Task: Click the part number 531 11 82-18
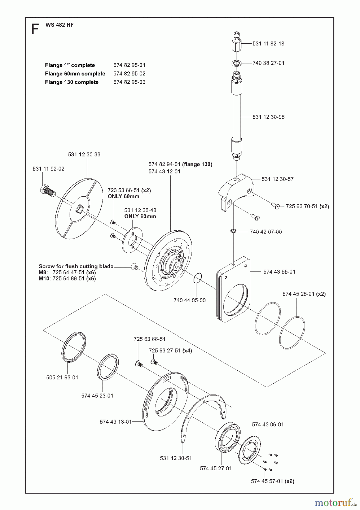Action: (x=268, y=44)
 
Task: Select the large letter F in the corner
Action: (x=35, y=29)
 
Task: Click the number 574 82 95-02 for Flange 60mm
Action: (x=129, y=74)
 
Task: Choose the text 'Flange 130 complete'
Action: (x=72, y=82)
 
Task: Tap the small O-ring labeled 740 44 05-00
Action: (x=198, y=278)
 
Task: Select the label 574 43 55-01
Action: (x=279, y=272)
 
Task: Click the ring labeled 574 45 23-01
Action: (x=108, y=366)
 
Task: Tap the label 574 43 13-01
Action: (x=115, y=422)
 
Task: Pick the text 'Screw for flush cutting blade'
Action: (x=76, y=266)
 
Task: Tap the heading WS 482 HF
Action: (x=59, y=25)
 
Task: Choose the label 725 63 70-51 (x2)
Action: (x=307, y=206)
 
